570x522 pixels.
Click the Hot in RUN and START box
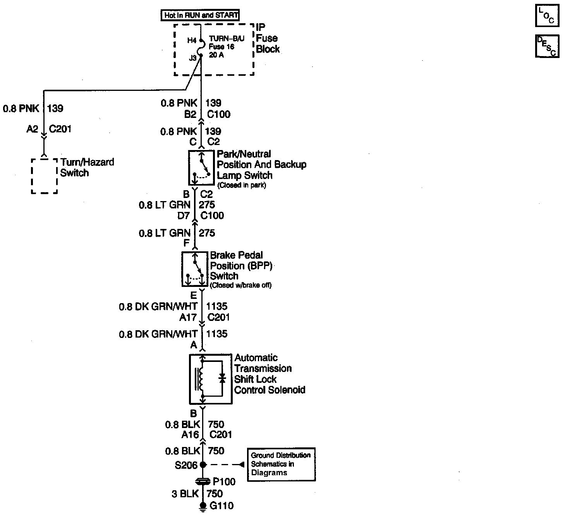point(200,15)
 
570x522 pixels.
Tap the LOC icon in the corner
point(547,16)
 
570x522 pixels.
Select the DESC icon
point(547,46)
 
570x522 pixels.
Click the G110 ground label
point(221,506)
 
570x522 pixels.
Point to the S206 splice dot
point(203,464)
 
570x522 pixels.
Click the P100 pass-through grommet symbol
point(203,482)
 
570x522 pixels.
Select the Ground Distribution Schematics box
point(281,464)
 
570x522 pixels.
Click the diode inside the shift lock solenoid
point(222,379)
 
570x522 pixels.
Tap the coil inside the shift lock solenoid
point(201,379)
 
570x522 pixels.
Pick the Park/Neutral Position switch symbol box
point(201,168)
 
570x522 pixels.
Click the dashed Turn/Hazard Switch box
point(44,176)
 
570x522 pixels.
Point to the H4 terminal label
point(192,40)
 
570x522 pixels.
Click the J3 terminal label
point(193,58)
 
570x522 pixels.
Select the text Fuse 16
point(221,47)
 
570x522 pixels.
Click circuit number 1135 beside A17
point(217,307)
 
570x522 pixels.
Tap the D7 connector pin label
point(184,215)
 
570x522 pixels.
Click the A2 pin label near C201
point(33,129)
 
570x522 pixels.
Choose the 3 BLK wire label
point(185,494)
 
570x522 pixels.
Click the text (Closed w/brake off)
point(240,285)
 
